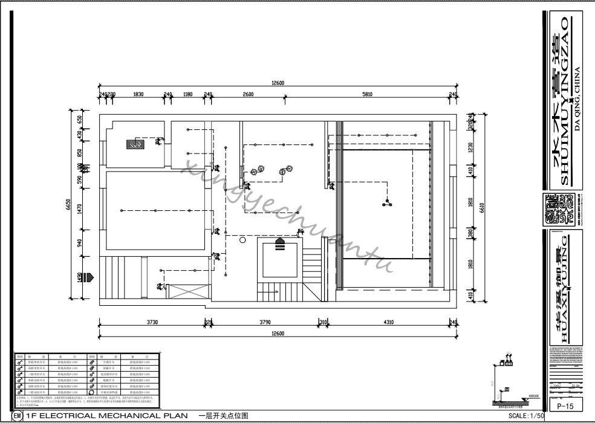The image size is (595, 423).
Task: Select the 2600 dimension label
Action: pos(248,94)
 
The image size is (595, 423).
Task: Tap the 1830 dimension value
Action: pos(138,94)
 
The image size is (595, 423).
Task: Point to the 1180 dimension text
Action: pos(187,94)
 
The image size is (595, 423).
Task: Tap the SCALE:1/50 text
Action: pos(527,416)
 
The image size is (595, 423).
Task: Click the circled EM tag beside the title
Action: pos(17,416)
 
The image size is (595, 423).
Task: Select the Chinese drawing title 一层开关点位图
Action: pos(223,416)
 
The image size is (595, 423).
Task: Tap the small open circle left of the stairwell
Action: pos(242,240)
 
